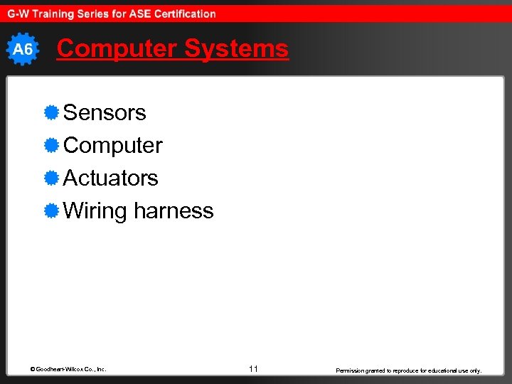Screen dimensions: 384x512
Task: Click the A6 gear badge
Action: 23,49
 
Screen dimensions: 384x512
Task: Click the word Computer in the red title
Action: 117,48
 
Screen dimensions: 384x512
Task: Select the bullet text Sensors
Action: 105,112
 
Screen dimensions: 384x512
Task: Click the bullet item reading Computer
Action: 113,145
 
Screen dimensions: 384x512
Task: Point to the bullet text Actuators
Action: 111,178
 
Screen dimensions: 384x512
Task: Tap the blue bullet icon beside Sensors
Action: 50,112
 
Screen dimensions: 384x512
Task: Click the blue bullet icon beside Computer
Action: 50,145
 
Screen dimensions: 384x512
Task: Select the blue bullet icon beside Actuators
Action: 50,178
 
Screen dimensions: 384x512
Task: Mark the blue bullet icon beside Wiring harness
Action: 50,210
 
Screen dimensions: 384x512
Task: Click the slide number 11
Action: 253,368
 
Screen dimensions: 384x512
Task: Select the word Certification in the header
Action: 183,14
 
